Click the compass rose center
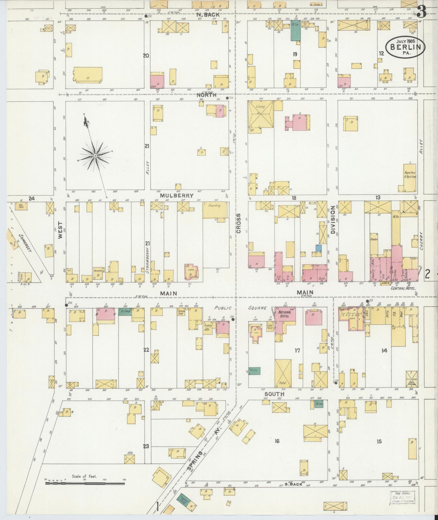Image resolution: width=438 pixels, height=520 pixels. [95, 156]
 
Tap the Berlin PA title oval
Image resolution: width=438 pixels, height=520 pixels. [405, 47]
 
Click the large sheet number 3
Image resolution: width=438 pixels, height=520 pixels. [422, 11]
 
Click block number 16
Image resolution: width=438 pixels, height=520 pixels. [277, 441]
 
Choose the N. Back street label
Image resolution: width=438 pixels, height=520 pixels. [207, 14]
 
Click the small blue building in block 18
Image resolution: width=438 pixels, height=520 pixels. [318, 248]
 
